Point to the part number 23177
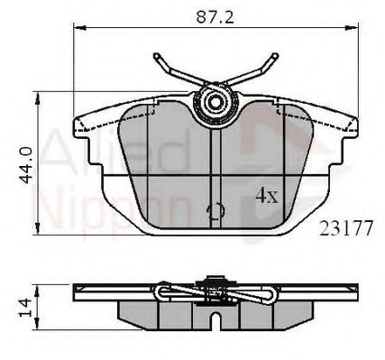click(345, 228)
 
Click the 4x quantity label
click(267, 195)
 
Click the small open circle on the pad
click(215, 213)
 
